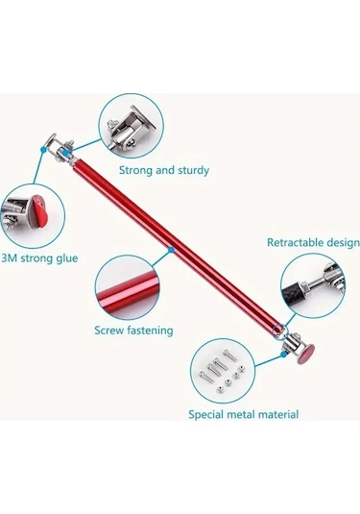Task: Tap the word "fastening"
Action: click(153, 330)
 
